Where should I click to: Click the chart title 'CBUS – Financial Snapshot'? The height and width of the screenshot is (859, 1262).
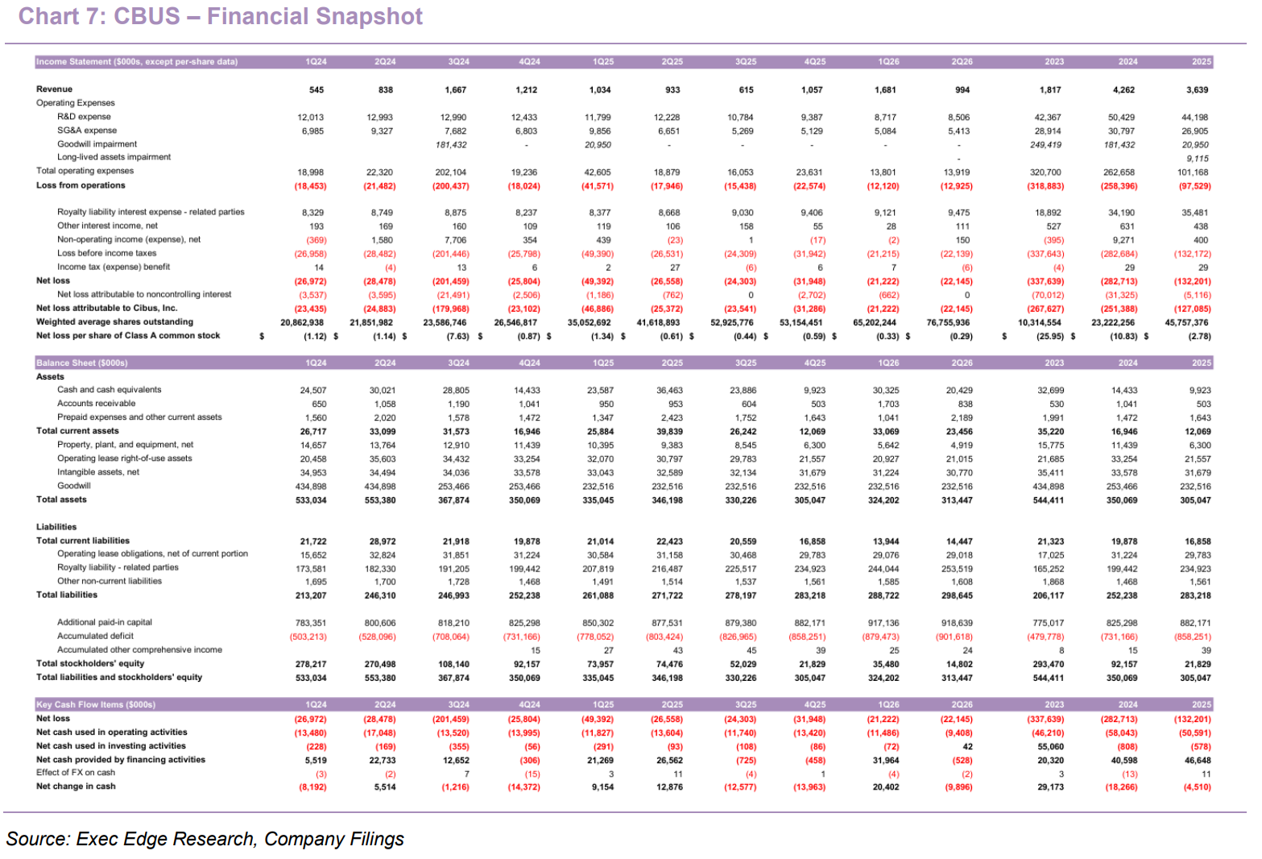[x=267, y=16]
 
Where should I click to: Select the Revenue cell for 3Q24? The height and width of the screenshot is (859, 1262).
[x=456, y=89]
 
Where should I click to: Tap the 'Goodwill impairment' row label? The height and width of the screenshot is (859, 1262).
[x=97, y=144]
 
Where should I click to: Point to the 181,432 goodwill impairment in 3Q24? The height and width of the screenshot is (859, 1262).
[x=451, y=145]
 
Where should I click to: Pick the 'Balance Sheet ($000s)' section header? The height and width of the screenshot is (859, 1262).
[x=81, y=363]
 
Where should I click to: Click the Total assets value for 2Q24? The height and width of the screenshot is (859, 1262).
[x=380, y=500]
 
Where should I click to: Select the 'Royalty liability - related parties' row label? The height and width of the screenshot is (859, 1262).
[x=118, y=567]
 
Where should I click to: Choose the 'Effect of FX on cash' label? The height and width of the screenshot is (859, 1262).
[x=76, y=773]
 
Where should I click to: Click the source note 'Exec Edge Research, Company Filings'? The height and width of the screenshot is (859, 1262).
[x=240, y=839]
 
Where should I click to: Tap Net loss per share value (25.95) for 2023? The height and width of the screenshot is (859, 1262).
[x=1050, y=337]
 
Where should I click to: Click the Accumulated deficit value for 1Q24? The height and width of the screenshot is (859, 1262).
[x=308, y=637]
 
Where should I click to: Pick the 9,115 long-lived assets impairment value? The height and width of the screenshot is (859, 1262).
[x=1198, y=159]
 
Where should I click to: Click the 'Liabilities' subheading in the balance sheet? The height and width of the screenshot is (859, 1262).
[x=56, y=527]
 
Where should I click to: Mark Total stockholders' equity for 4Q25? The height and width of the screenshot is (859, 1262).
[x=812, y=664]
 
